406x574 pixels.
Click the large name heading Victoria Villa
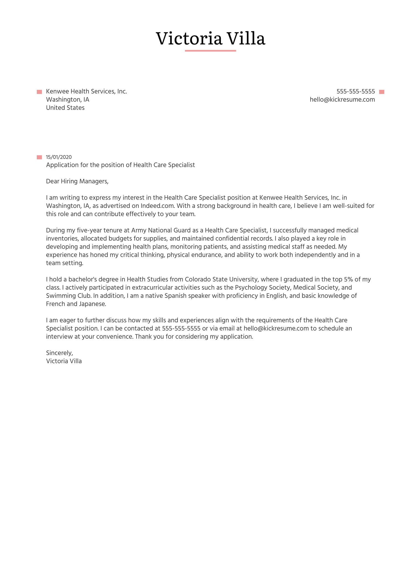210,38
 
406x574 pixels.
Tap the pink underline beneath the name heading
210,51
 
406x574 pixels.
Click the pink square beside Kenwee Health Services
39,92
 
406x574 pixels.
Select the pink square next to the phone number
381,92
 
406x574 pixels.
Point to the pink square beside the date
39,157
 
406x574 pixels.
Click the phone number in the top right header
355,92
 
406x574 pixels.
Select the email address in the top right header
342,100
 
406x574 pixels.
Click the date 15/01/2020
59,157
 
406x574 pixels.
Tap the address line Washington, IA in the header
67,100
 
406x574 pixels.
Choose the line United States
65,108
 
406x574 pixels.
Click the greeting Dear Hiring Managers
77,181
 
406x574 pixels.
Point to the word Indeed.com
158,206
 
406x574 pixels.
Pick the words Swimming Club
69,296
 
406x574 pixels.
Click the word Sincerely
59,353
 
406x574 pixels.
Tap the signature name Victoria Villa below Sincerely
64,361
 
